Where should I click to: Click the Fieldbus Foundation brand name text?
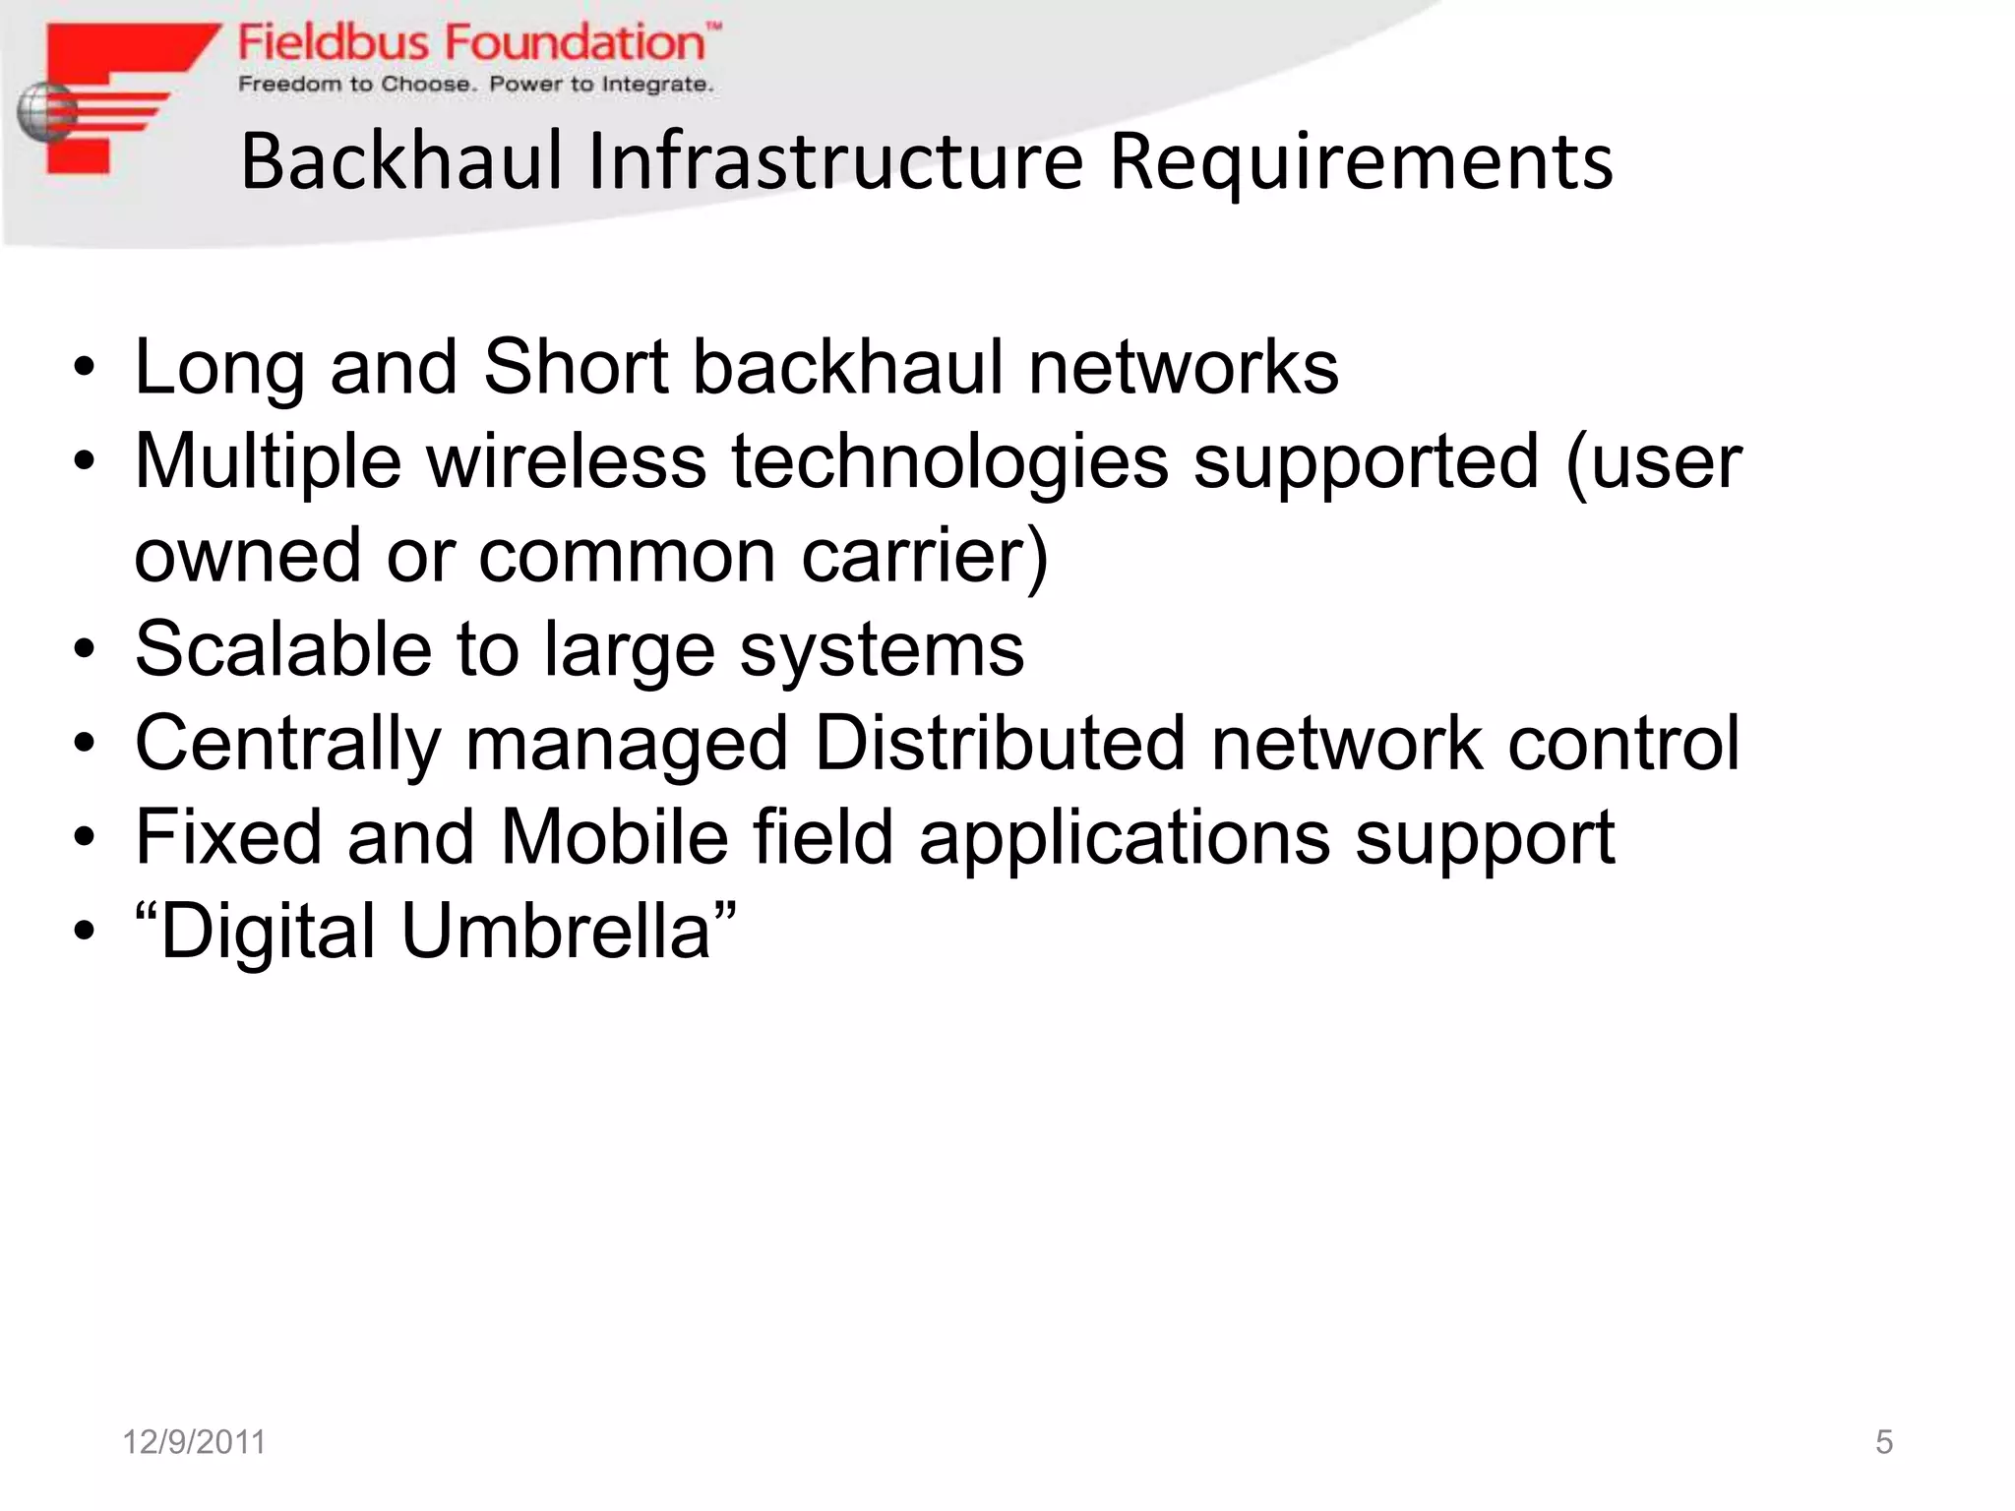coord(472,43)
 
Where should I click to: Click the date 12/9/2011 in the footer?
coord(194,1442)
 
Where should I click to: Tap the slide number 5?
coord(1883,1442)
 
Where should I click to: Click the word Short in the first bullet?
coord(576,367)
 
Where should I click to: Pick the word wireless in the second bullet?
coord(566,460)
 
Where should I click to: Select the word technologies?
coord(949,462)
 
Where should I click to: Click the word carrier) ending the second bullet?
coord(925,556)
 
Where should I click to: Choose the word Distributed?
coord(999,743)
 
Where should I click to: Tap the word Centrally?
coord(287,745)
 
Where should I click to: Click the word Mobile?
coord(614,837)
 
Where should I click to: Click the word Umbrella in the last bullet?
coord(556,931)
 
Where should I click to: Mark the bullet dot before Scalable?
coord(85,650)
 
